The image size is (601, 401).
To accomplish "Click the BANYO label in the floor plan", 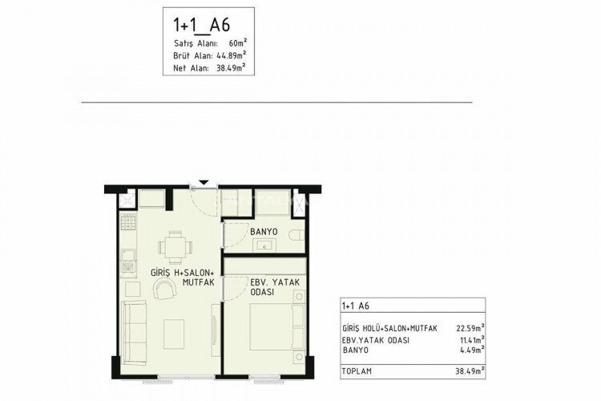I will pyautogui.click(x=262, y=232).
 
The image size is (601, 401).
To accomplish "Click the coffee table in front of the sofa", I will pyautogui.click(x=175, y=330).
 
